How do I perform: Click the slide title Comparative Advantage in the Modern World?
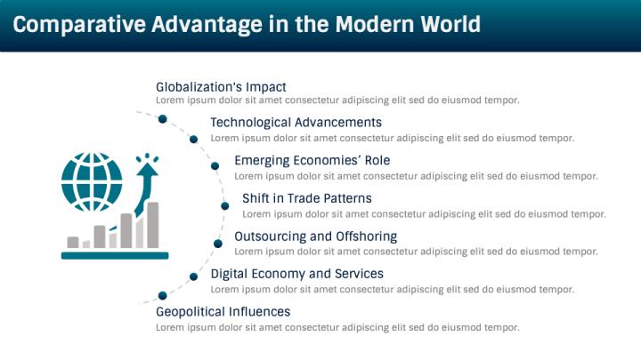[x=247, y=25]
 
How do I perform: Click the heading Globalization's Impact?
[x=221, y=87]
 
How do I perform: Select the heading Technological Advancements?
[x=296, y=123]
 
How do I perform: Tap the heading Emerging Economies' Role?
[x=312, y=161]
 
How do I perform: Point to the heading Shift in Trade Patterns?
[x=306, y=198]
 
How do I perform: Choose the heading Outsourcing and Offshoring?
[x=315, y=236]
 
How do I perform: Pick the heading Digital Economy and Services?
[x=296, y=274]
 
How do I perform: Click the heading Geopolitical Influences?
[x=223, y=312]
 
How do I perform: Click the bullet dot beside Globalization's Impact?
[x=162, y=118]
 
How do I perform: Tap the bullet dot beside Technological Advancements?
[x=193, y=140]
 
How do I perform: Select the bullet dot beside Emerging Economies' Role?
[x=215, y=165]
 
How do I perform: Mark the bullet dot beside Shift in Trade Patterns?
[x=225, y=204]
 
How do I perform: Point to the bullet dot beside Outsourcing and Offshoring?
[x=217, y=243]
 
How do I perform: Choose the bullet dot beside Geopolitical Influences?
[x=162, y=295]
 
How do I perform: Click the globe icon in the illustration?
[x=93, y=180]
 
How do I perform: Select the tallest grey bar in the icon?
[x=153, y=224]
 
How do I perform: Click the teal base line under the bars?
[x=115, y=255]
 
